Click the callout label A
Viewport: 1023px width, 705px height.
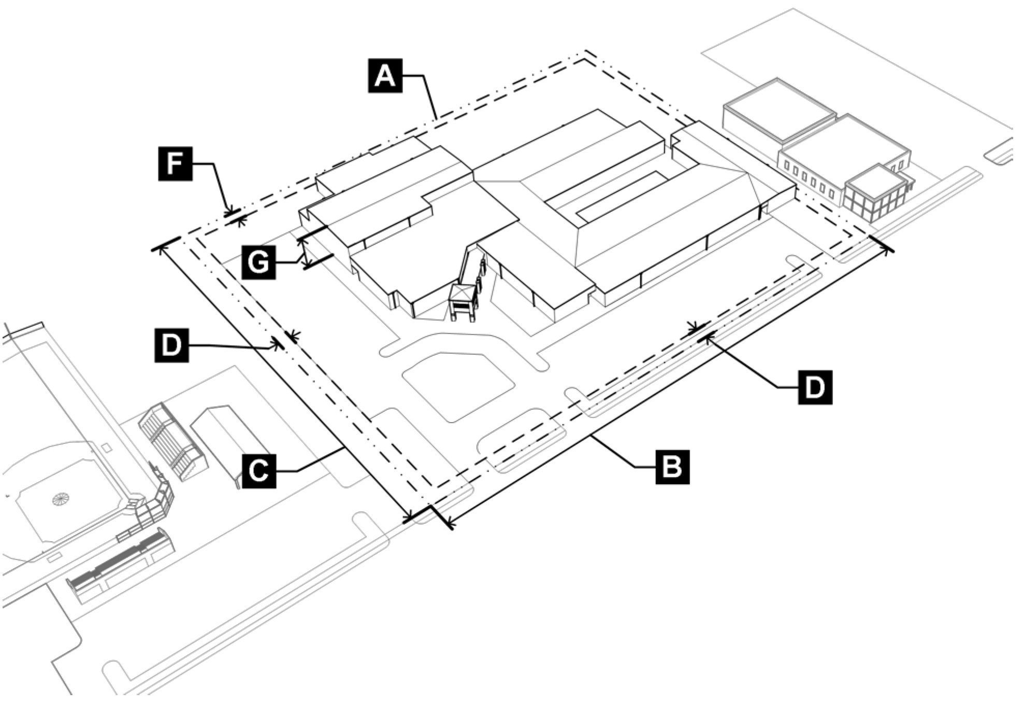pos(385,76)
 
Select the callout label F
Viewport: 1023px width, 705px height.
pos(175,164)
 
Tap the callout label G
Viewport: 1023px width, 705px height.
pos(258,262)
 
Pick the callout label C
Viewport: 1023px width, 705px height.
pos(258,471)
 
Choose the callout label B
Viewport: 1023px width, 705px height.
pos(672,467)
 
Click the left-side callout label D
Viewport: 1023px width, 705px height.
pos(171,345)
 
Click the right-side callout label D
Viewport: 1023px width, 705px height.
pos(815,387)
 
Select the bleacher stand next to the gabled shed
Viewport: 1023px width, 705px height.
pos(172,442)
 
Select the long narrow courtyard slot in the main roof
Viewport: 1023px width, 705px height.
pos(622,195)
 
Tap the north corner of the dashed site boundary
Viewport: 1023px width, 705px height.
pos(586,52)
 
